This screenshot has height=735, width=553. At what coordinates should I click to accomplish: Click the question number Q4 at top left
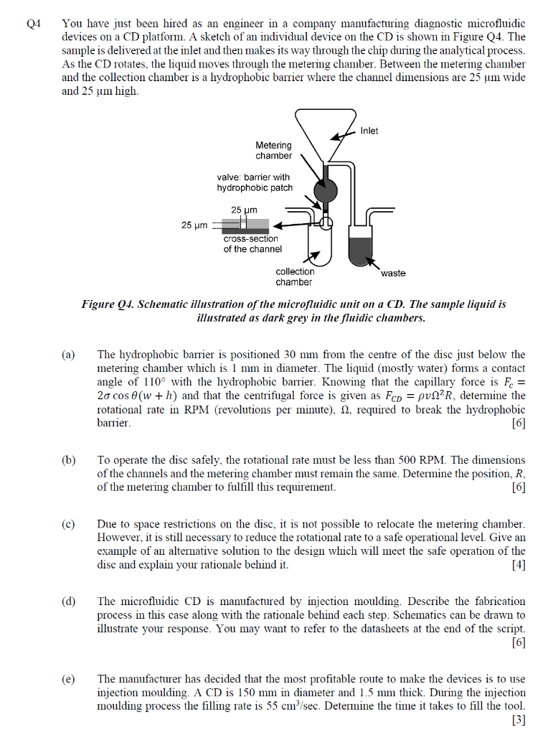(x=34, y=24)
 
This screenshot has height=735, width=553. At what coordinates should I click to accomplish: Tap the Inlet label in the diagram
(x=369, y=131)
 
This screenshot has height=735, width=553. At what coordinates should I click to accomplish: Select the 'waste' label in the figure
(x=394, y=273)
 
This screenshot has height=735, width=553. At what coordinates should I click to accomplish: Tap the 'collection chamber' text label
(x=295, y=276)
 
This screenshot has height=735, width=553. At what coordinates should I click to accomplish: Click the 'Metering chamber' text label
(x=274, y=150)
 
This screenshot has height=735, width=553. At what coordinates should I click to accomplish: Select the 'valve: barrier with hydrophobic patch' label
(x=255, y=182)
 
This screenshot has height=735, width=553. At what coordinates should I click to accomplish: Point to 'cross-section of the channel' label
(x=252, y=243)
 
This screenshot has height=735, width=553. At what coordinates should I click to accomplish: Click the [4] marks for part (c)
(x=518, y=565)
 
